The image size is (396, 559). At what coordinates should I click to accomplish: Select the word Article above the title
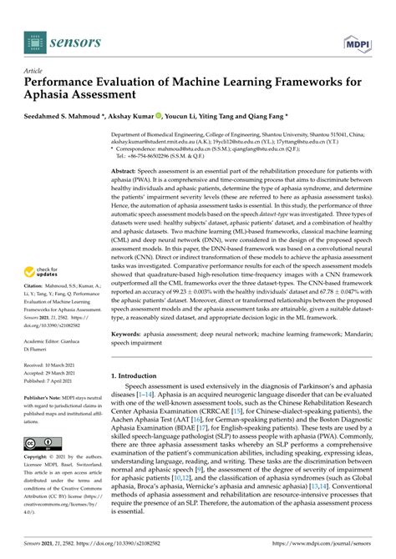34,72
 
